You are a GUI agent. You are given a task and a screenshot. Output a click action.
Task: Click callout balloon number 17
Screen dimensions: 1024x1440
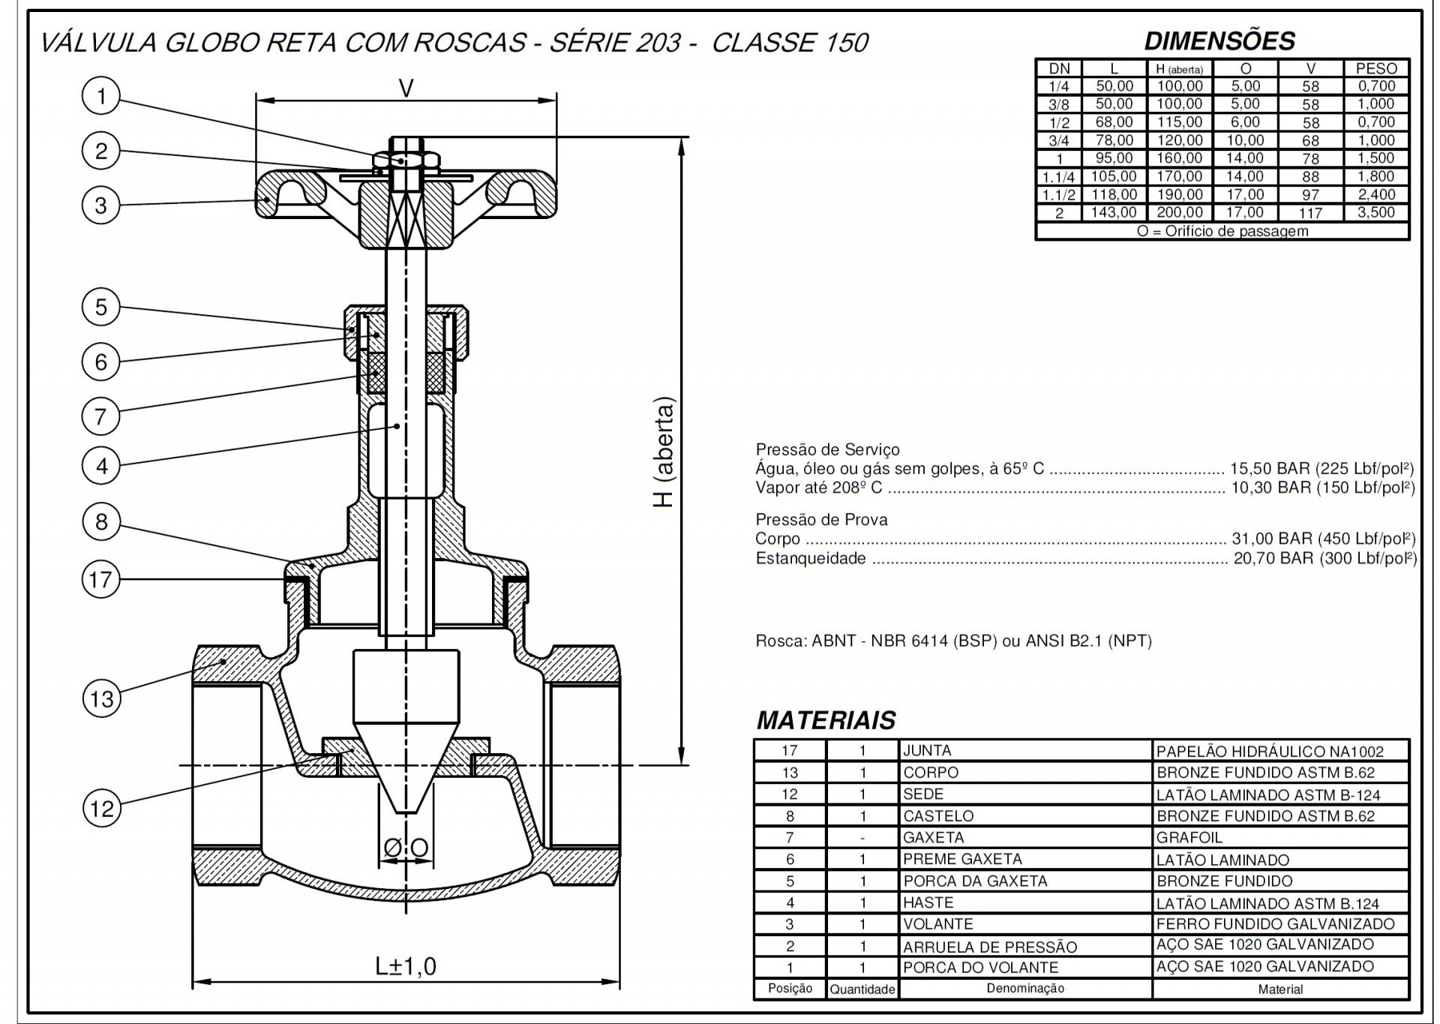[x=100, y=579]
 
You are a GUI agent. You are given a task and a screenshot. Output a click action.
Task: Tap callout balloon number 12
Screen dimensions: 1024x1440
[x=101, y=809]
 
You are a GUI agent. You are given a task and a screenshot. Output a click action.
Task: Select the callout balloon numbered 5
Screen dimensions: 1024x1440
[x=100, y=307]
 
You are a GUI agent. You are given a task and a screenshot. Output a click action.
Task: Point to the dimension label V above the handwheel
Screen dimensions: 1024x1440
[x=406, y=89]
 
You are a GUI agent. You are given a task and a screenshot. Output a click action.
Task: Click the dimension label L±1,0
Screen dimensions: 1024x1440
[x=406, y=966]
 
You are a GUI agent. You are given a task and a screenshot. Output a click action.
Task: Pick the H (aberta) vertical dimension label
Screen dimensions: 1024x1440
[x=664, y=452]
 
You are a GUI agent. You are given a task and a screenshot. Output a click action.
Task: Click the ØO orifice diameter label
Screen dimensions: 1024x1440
[x=406, y=848]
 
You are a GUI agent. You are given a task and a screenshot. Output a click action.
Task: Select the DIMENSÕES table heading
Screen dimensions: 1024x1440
[x=1219, y=41]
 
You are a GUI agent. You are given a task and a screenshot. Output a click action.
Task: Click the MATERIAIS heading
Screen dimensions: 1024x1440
[x=826, y=720]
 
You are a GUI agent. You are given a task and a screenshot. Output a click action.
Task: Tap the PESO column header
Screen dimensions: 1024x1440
[x=1375, y=68]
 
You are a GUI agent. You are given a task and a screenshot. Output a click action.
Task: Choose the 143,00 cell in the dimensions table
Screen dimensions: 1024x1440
[x=1114, y=212]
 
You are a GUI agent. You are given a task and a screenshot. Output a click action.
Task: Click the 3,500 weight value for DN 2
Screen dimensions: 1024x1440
[x=1375, y=212]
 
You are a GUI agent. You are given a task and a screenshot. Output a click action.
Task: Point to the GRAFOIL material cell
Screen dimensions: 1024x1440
[x=1189, y=837]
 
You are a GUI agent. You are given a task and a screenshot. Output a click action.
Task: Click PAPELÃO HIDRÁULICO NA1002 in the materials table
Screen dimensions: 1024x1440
[x=1270, y=751]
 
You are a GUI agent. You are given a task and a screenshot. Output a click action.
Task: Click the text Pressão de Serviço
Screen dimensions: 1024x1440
[x=827, y=449]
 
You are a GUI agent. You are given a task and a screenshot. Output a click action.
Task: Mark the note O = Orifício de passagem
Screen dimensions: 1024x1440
[x=1222, y=231]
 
